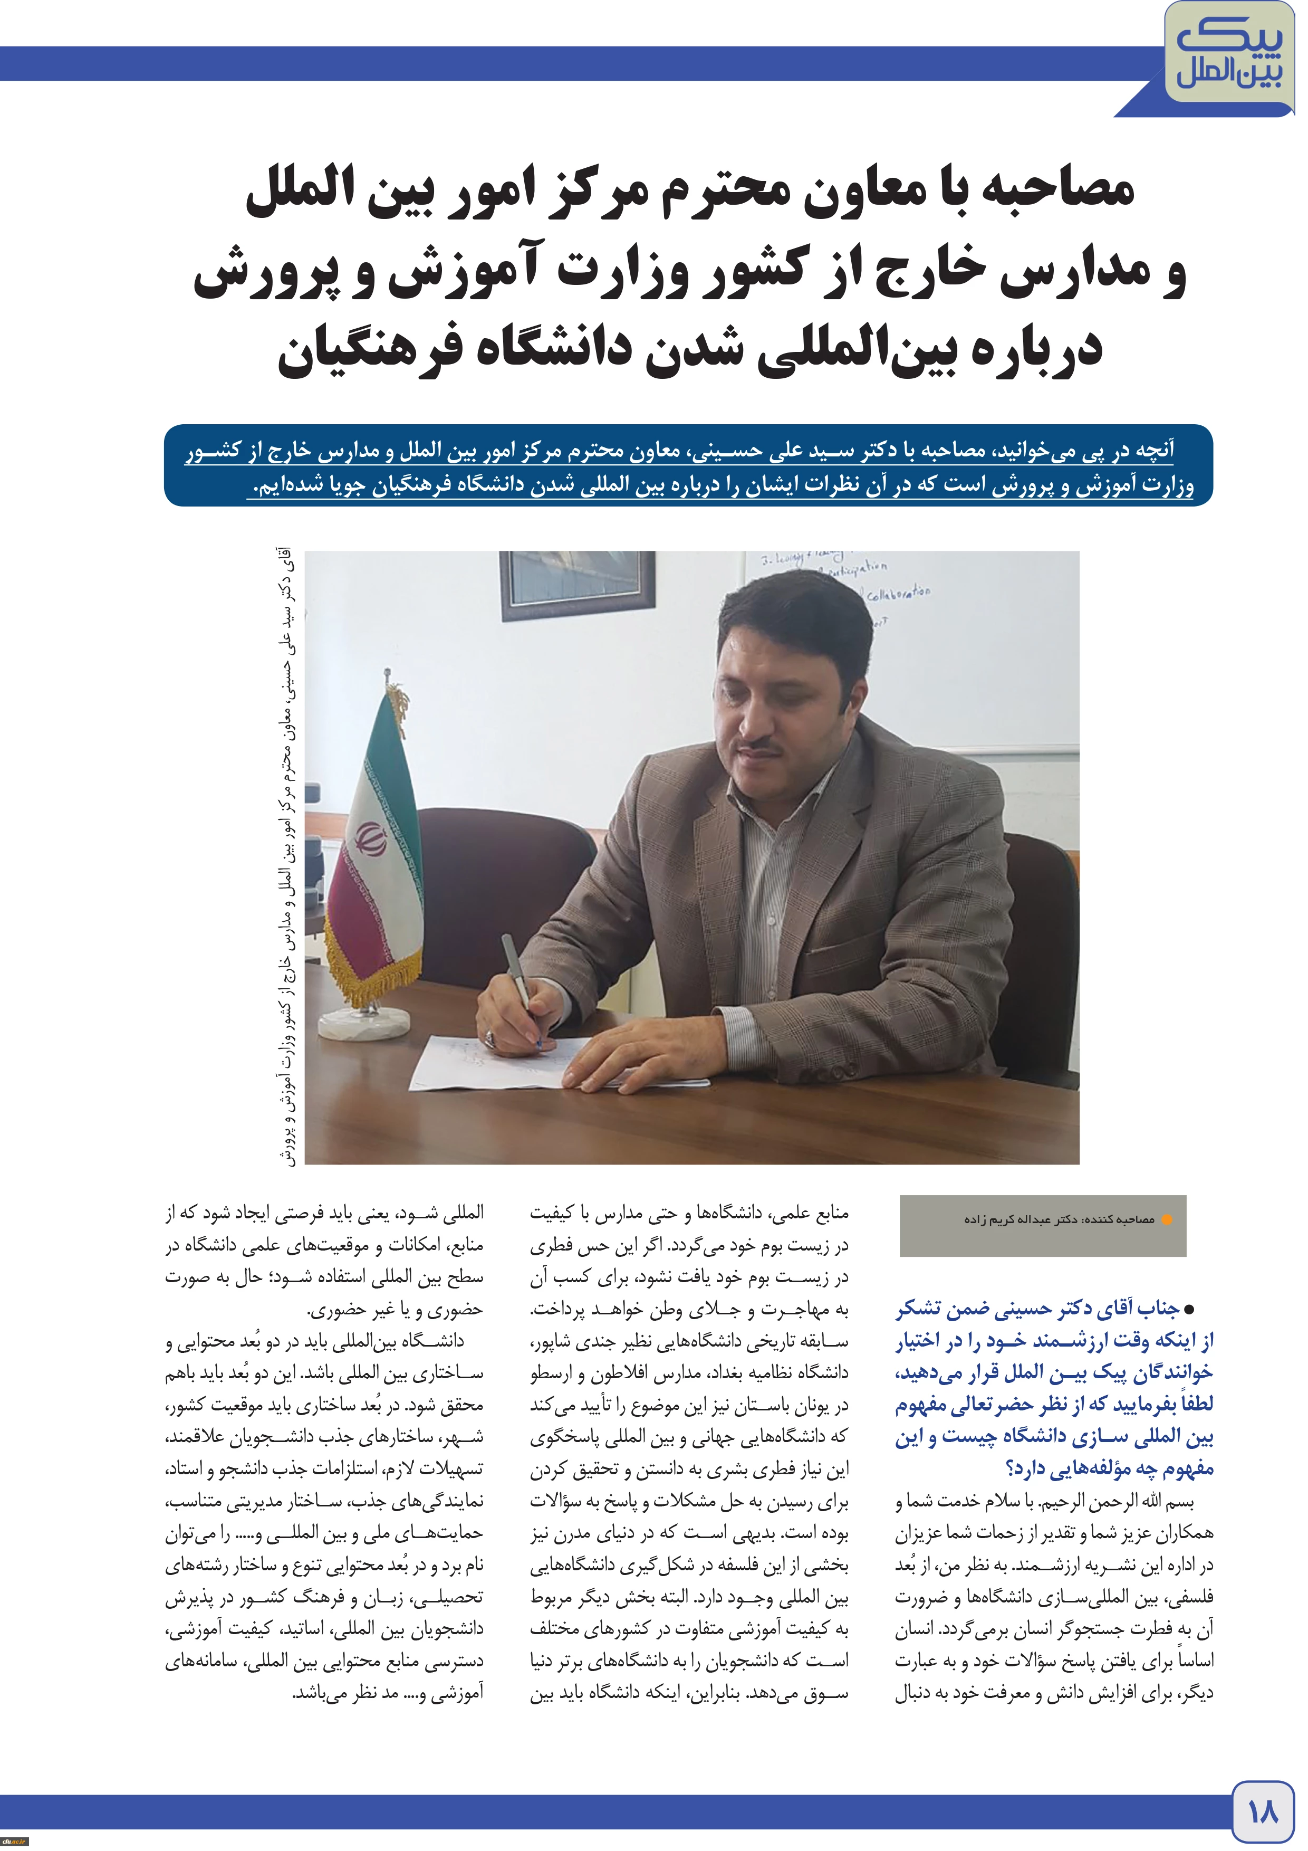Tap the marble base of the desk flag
(x=366, y=1022)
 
